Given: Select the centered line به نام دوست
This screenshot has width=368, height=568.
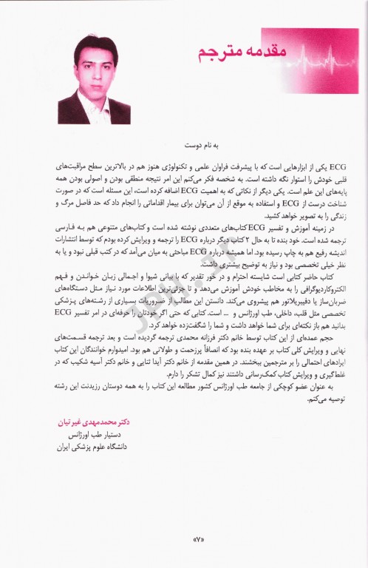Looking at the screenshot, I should (x=185, y=146).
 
